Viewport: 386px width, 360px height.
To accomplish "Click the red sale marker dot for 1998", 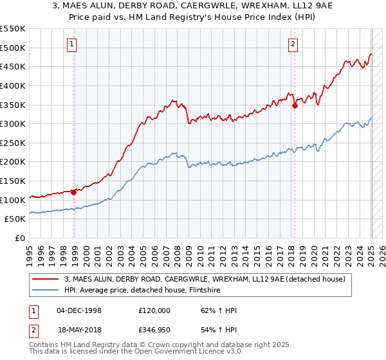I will [x=74, y=192].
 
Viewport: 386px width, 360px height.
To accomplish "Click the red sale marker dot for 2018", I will [x=295, y=106].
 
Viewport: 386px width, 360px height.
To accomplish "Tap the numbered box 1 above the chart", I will [x=71, y=44].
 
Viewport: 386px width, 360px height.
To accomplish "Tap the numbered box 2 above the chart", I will [x=293, y=44].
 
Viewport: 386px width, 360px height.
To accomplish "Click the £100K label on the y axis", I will [x=13, y=200].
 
